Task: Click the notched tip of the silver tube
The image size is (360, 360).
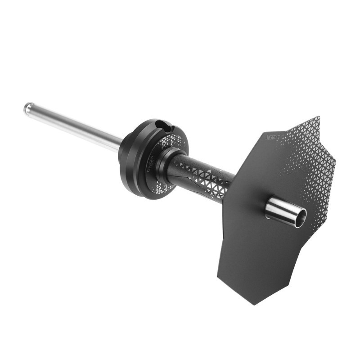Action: coord(28,108)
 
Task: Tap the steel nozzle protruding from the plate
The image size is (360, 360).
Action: coord(283,211)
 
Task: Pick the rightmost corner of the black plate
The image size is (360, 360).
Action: coord(336,159)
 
